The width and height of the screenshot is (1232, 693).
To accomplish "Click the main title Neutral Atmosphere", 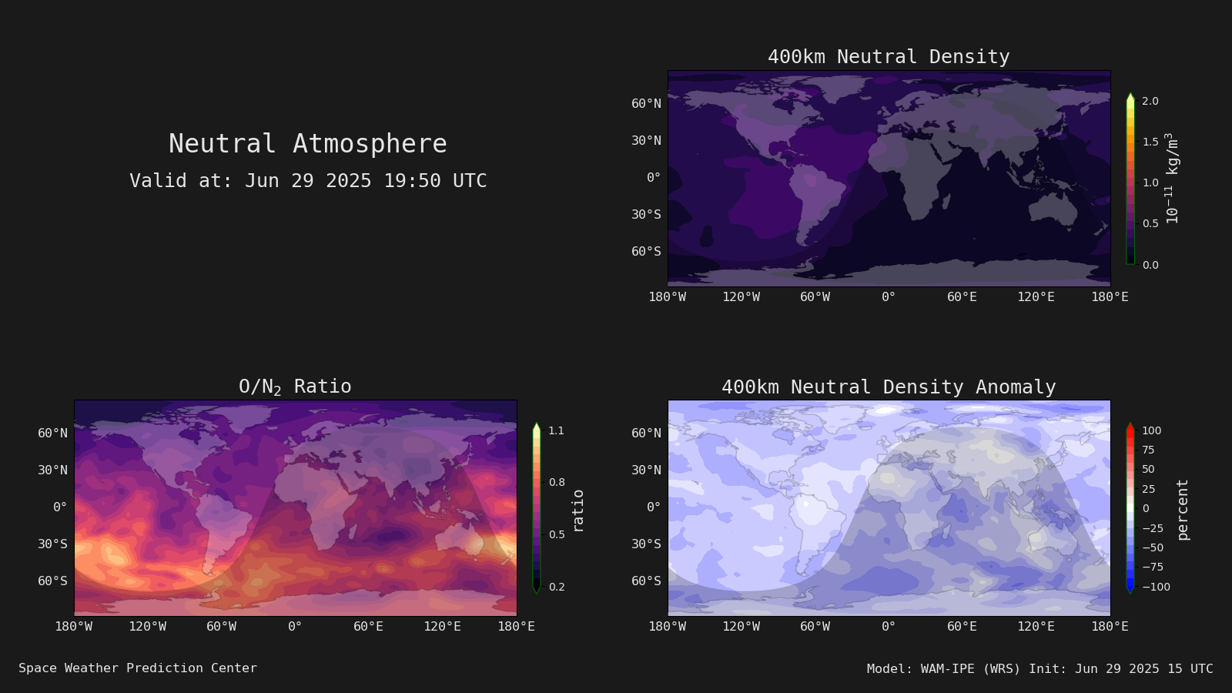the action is pyautogui.click(x=307, y=143).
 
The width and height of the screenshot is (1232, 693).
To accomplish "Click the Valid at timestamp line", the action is pyautogui.click(x=308, y=180).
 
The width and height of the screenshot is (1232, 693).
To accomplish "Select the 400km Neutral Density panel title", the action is pyautogui.click(x=889, y=57).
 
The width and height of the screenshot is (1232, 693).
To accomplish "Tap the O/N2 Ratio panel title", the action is pyautogui.click(x=295, y=387).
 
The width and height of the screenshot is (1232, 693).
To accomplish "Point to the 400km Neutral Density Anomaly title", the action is pyautogui.click(x=889, y=387).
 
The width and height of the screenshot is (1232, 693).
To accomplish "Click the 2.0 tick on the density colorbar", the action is pyautogui.click(x=1150, y=101).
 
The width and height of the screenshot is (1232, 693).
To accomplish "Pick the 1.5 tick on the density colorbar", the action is pyautogui.click(x=1150, y=142).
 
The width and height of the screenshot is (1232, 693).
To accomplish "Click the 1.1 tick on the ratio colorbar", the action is pyautogui.click(x=557, y=430).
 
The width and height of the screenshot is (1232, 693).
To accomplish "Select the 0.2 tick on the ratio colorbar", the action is pyautogui.click(x=557, y=587).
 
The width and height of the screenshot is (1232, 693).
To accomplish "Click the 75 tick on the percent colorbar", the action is pyautogui.click(x=1148, y=450).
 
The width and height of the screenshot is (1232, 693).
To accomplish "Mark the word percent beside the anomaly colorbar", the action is pyautogui.click(x=1183, y=510).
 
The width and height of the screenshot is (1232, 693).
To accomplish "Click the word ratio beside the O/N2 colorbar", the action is pyautogui.click(x=577, y=511).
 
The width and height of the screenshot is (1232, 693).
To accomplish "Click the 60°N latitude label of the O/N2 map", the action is pyautogui.click(x=53, y=433).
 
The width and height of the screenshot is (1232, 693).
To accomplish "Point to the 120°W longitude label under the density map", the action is pyautogui.click(x=742, y=297).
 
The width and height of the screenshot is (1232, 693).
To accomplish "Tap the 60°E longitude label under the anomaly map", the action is pyautogui.click(x=962, y=627).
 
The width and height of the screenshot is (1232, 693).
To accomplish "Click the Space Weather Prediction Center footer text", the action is pyautogui.click(x=138, y=668).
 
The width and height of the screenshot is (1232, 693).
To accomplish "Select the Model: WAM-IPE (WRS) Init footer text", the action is pyautogui.click(x=1040, y=669).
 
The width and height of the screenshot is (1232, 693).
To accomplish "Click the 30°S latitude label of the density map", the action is pyautogui.click(x=646, y=214).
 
